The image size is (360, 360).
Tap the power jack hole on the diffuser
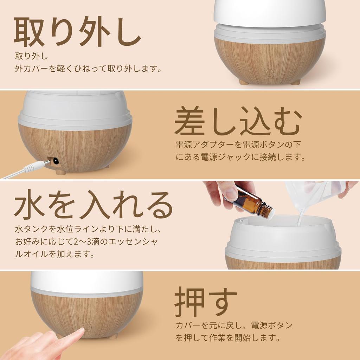click(55, 162)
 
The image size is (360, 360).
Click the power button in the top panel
click(270, 73)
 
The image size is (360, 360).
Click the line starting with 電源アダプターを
click(238, 144)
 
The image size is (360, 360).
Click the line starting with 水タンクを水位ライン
click(88, 230)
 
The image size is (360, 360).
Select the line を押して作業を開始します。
click(228, 339)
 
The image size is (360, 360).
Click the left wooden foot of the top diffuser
click(244, 82)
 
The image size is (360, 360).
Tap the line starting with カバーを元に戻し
click(234, 325)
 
